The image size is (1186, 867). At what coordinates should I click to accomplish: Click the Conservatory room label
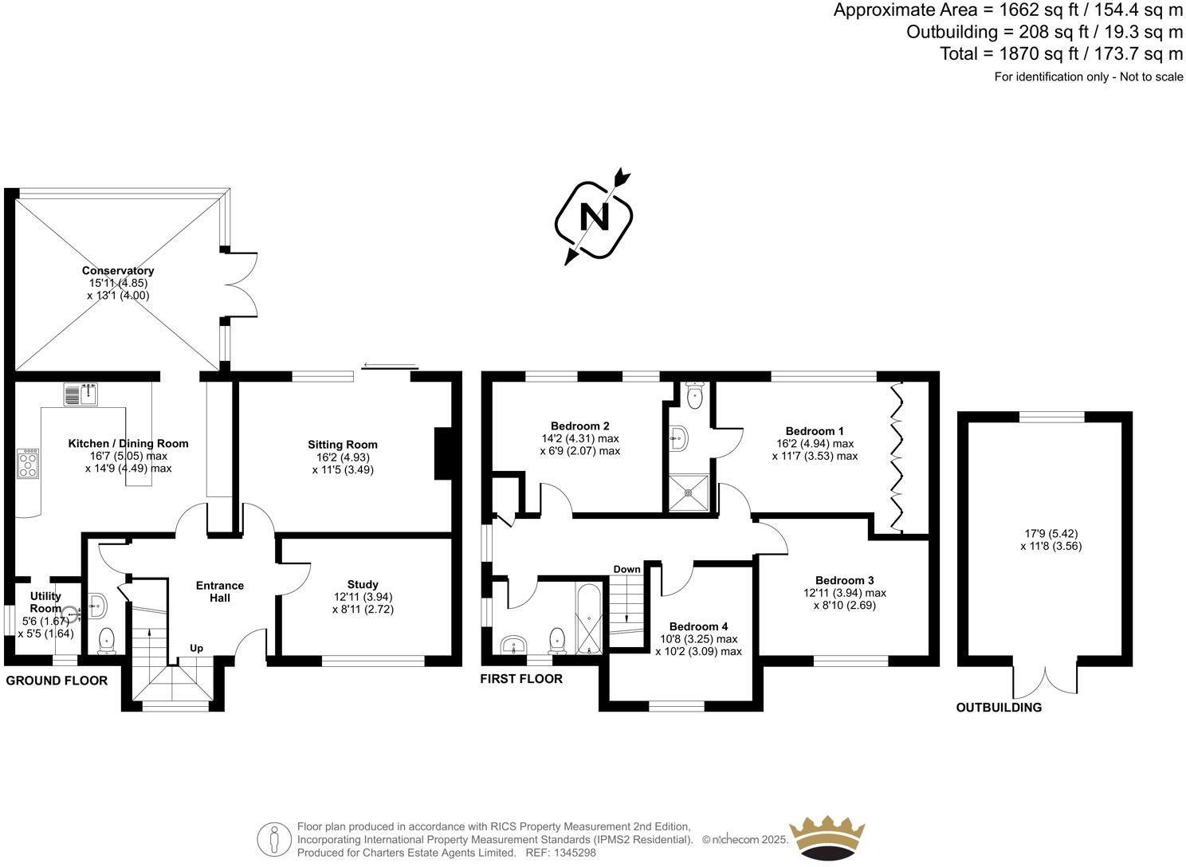(x=118, y=271)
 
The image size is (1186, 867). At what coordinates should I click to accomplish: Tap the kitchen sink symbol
(x=81, y=394)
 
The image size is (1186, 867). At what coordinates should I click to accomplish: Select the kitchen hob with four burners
(x=28, y=463)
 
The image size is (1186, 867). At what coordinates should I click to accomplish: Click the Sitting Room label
(x=343, y=445)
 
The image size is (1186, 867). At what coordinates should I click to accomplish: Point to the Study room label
(x=363, y=584)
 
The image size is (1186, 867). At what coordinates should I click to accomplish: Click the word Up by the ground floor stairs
(x=196, y=648)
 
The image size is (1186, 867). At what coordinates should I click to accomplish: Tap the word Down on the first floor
(x=626, y=569)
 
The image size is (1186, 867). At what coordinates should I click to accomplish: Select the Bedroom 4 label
(x=698, y=626)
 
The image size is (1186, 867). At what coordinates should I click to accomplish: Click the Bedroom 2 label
(x=579, y=426)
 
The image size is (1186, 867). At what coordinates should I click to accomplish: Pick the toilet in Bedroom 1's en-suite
(x=696, y=396)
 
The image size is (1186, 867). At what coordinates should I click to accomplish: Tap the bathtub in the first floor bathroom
(x=587, y=618)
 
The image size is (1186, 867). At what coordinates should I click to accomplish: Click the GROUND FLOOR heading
(x=57, y=681)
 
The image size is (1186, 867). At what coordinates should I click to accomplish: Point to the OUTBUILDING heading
(x=999, y=707)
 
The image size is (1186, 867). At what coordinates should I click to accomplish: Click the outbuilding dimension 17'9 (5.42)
(x=1051, y=534)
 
